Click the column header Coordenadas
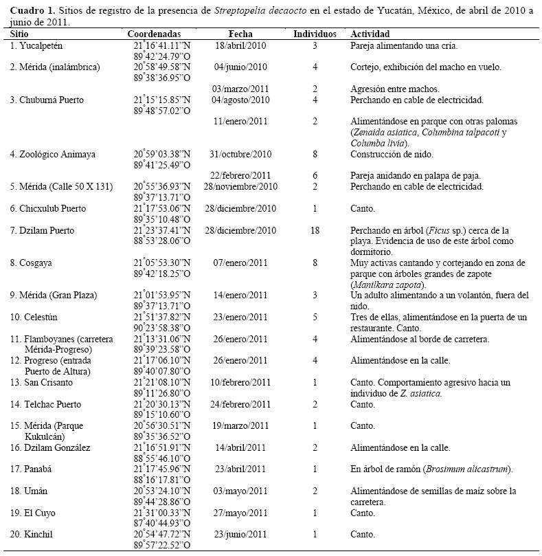point(154,34)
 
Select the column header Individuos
point(315,34)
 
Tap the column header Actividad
point(370,34)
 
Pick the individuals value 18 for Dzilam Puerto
point(315,231)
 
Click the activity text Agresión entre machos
point(395,89)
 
